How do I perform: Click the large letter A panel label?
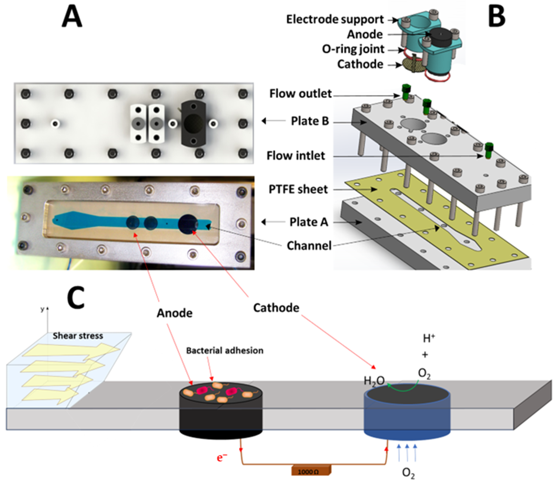point(72,17)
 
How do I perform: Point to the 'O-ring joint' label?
point(353,49)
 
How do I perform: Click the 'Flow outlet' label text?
point(300,94)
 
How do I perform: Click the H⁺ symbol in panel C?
point(429,338)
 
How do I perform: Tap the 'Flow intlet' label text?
point(296,156)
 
